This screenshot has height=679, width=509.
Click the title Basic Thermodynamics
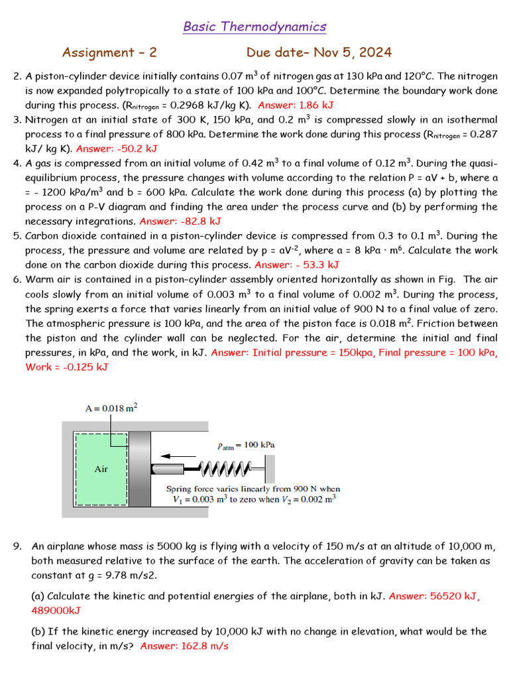254,27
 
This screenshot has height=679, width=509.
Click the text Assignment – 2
109,52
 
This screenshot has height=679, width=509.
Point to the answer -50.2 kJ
117,149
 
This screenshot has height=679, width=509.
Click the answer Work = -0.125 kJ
66,367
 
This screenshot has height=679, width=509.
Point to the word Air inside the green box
101,469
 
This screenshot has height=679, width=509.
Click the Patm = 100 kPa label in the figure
247,445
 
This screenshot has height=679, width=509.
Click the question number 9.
18,546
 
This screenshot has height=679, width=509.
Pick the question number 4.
18,163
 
